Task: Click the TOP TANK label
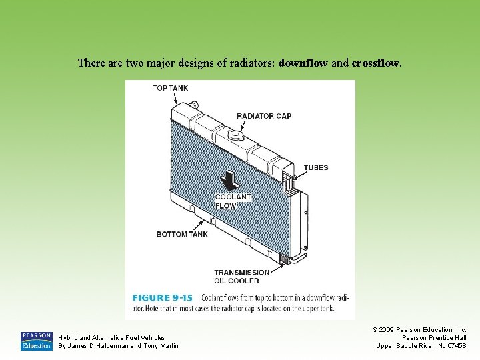(x=170, y=88)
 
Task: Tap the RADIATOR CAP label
(x=264, y=116)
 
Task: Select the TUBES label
(x=316, y=167)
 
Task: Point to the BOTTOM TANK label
(x=182, y=234)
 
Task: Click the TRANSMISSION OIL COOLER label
(x=242, y=276)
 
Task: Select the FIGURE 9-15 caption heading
(x=162, y=297)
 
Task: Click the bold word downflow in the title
(x=303, y=64)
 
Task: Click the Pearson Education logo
(x=36, y=341)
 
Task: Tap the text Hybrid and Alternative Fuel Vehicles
(x=112, y=338)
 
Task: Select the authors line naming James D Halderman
(x=119, y=346)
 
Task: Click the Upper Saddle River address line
(x=421, y=346)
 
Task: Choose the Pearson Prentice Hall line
(x=433, y=338)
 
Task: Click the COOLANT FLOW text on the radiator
(x=233, y=201)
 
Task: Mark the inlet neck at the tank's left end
(x=195, y=105)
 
